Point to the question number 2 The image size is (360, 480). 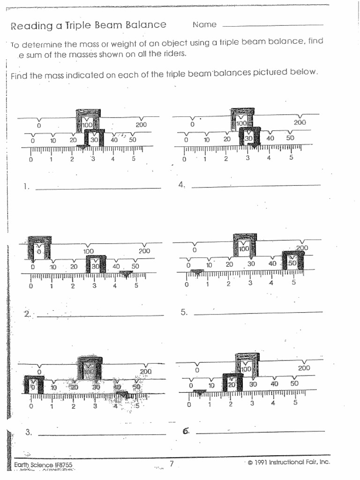point(27,315)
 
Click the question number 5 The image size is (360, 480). point(184,312)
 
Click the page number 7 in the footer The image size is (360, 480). point(172,464)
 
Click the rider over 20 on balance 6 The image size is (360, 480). point(232,382)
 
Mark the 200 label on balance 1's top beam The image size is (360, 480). point(141,125)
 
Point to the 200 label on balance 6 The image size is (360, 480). point(304,368)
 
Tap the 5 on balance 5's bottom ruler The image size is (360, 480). point(293,282)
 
